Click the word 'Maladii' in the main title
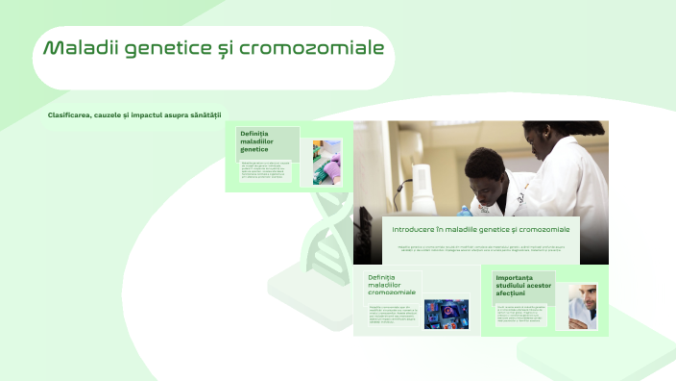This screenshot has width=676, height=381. [76, 48]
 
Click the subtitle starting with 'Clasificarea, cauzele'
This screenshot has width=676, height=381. [134, 115]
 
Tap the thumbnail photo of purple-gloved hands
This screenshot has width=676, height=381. [326, 162]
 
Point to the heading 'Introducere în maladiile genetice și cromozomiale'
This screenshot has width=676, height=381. [481, 230]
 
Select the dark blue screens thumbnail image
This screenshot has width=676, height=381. [447, 314]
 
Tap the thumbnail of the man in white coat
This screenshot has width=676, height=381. [582, 306]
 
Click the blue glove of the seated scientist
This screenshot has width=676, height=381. [465, 210]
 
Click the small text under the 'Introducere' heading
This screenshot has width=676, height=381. [481, 247]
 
